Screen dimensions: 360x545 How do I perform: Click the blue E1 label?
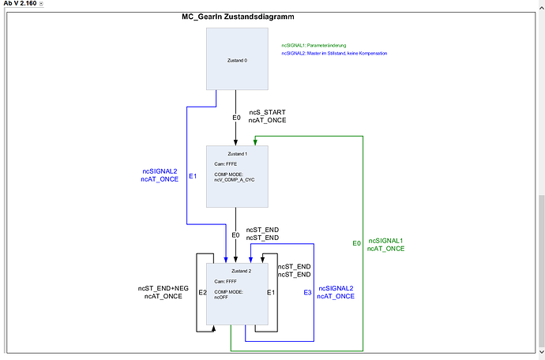[x=192, y=175]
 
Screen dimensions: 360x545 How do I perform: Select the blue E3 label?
[x=307, y=293]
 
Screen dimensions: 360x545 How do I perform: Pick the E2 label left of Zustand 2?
[x=202, y=293]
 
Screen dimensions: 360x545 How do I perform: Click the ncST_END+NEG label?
[x=163, y=288]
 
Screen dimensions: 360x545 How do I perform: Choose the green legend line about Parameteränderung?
[x=314, y=45]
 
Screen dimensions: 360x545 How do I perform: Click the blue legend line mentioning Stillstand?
[x=334, y=54]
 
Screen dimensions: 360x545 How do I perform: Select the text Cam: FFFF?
[x=226, y=280]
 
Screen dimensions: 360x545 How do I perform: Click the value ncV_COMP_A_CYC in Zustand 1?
[x=235, y=180]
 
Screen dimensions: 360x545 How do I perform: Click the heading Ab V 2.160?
[x=20, y=4]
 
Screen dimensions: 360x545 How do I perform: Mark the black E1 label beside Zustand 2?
[x=270, y=293]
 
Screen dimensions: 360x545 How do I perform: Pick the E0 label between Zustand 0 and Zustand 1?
[x=236, y=118]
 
